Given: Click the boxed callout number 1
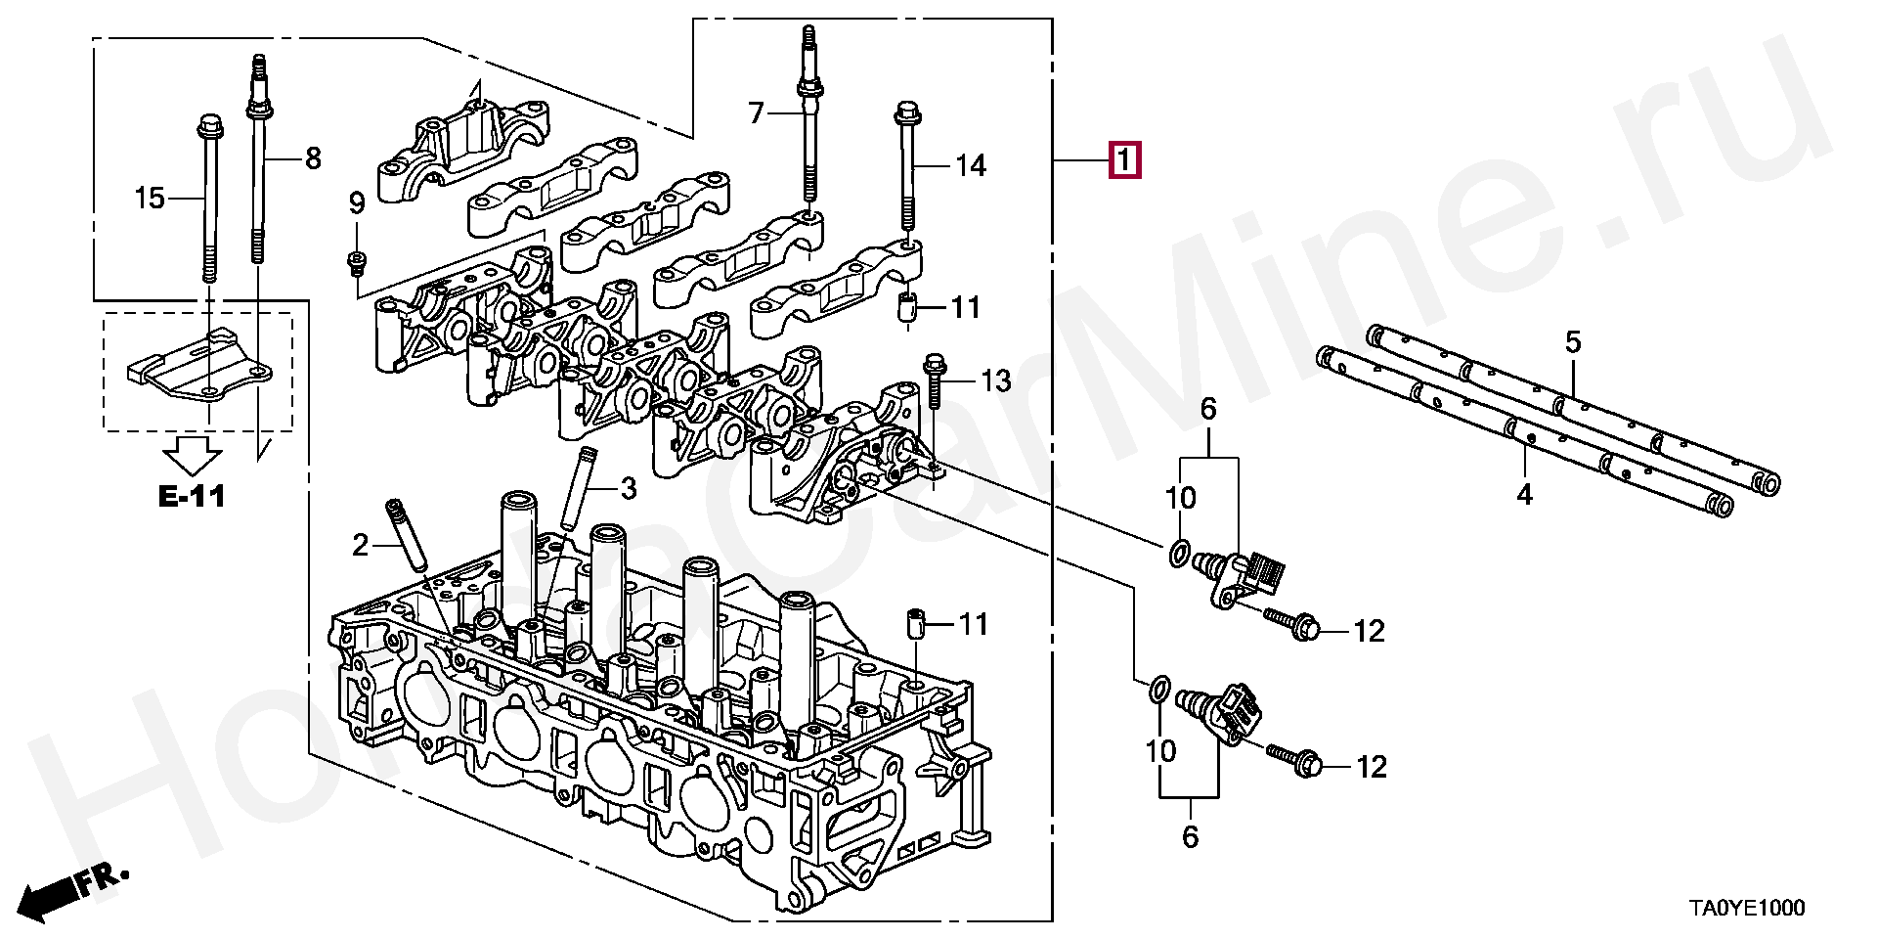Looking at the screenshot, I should pos(1124,159).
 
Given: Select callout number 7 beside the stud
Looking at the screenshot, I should pos(756,114).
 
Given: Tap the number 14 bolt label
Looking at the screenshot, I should pos(971,166).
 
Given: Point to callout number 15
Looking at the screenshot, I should pos(150,200).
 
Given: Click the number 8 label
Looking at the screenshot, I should pos(313,157).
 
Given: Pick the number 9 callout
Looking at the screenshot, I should pos(357,203).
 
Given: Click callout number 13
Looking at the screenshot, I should pos(995,380).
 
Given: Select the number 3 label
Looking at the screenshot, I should pos(629,488).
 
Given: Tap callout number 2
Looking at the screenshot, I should pos(360,545).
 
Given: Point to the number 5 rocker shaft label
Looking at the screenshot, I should pos(1573,342).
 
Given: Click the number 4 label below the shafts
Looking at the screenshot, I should pos(1525,495).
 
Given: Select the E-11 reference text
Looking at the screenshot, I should pos(192,497).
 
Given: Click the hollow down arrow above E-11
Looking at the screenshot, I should pos(193,453).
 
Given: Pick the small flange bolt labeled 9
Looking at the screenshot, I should pos(356,261).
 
